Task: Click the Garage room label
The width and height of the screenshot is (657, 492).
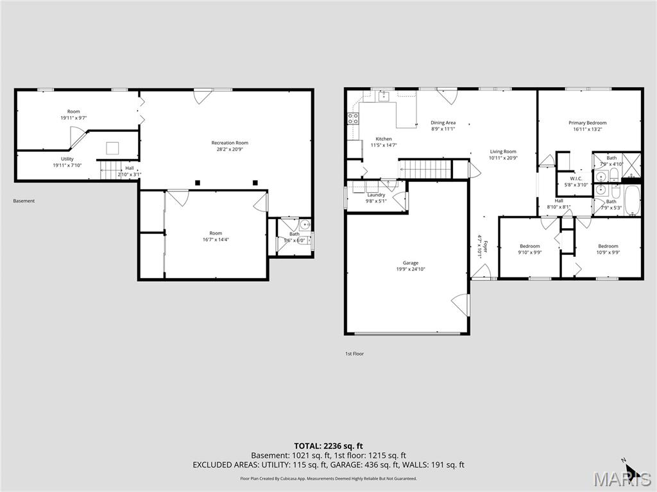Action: point(411,263)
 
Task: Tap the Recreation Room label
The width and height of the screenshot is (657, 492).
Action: point(230,143)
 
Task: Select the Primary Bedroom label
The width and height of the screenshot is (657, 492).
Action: point(587,123)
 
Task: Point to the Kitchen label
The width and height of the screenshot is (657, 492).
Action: point(384,139)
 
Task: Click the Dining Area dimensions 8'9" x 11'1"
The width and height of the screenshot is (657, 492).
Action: point(443,129)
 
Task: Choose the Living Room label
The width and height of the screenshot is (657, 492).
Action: point(503,152)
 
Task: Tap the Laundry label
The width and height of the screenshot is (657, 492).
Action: point(376,195)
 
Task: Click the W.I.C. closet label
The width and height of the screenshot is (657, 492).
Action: point(576,179)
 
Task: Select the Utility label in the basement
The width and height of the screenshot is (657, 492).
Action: point(67,159)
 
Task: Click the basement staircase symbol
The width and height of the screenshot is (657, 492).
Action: point(111,170)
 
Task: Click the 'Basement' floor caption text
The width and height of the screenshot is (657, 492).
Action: point(24,201)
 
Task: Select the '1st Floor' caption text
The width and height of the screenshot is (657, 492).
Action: point(354,354)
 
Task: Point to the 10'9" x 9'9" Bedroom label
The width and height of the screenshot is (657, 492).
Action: point(608,246)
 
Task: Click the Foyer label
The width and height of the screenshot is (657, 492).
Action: point(486,248)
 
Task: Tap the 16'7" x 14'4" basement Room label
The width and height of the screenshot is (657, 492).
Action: point(215,233)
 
